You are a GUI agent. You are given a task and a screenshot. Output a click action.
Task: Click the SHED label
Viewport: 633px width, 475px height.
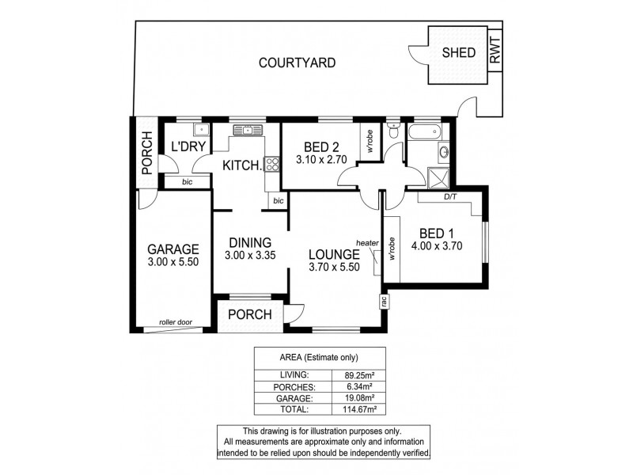[459, 53]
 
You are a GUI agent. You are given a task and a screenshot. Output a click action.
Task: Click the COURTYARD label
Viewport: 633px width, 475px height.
[298, 63]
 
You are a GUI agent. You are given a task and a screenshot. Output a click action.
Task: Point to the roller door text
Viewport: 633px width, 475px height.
[175, 321]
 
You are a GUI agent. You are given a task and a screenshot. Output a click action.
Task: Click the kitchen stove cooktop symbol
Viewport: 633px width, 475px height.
[271, 165]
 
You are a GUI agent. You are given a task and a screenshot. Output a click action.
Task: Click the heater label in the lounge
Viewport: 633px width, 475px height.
[367, 243]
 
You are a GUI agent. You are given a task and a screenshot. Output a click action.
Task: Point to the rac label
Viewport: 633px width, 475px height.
[384, 300]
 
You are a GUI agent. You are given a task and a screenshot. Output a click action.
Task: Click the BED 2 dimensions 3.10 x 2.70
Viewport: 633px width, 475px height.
[321, 159]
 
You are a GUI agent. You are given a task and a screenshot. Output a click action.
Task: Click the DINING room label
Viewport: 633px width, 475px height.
[250, 242]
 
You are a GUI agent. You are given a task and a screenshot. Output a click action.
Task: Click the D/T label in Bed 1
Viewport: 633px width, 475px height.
[449, 197]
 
